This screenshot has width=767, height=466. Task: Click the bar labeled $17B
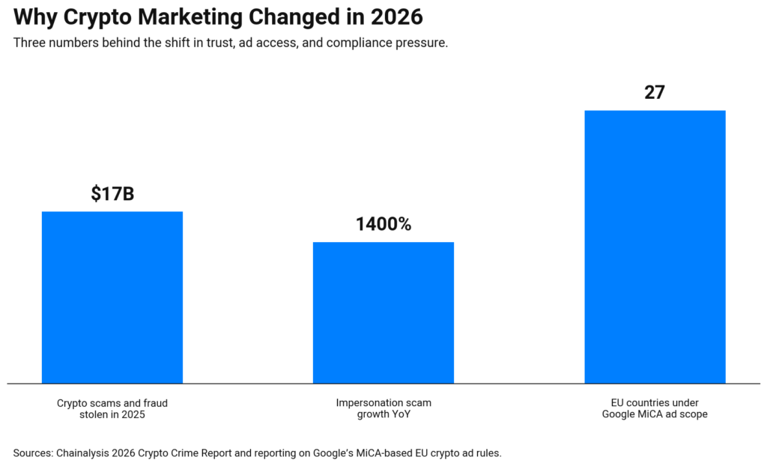(112, 297)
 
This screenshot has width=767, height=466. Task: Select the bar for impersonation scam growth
(383, 312)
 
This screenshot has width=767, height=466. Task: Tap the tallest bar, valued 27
(655, 247)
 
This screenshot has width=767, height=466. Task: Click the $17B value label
(112, 194)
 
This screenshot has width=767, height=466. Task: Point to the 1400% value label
(383, 224)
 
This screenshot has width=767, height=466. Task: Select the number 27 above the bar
(655, 93)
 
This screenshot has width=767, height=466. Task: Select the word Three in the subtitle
(31, 43)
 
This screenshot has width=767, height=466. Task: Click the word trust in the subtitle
(218, 43)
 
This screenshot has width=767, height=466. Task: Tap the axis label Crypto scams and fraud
(112, 403)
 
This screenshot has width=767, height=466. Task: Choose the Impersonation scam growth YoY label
(383, 408)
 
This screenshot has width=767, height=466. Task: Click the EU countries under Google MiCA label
(655, 408)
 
